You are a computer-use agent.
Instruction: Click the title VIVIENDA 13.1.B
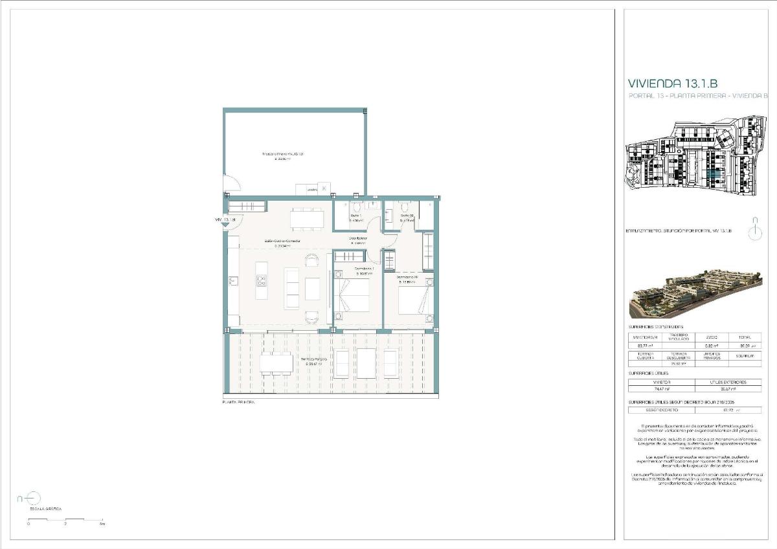pyautogui.click(x=673, y=83)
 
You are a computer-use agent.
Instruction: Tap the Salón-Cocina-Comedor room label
pyautogui.click(x=282, y=243)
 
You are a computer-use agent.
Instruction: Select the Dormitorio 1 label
pyautogui.click(x=364, y=269)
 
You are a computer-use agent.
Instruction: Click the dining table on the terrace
pyautogui.click(x=276, y=363)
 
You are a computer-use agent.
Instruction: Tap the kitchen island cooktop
pyautogui.click(x=262, y=280)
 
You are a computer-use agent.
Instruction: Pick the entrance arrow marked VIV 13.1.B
pyautogui.click(x=225, y=221)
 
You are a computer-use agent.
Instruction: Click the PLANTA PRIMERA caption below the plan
pyautogui.click(x=238, y=403)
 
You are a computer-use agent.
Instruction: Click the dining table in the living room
pyautogui.click(x=307, y=219)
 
